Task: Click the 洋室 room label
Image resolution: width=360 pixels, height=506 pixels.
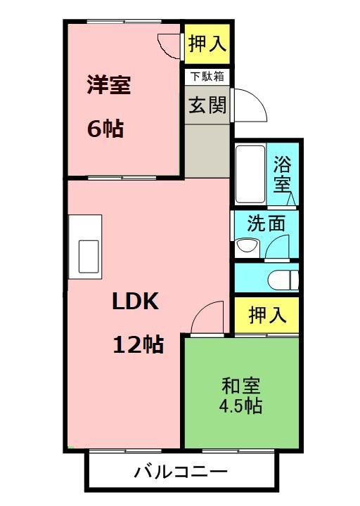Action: click(x=109, y=85)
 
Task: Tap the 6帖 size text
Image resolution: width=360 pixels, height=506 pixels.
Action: click(x=105, y=129)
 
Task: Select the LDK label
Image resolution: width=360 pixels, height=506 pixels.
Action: click(x=135, y=301)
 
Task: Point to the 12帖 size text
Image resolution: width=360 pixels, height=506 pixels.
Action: click(x=139, y=344)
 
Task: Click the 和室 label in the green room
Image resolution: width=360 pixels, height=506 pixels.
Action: click(x=241, y=386)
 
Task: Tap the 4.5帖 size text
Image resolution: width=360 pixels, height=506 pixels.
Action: click(x=240, y=406)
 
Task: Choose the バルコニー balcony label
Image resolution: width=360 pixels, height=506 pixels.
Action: click(x=181, y=472)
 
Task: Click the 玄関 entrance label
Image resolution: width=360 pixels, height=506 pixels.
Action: click(x=207, y=105)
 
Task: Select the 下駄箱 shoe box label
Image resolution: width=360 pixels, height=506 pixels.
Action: click(x=207, y=77)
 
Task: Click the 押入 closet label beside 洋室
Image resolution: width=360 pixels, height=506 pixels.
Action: click(x=207, y=44)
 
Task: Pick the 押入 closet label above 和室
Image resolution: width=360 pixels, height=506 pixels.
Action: click(x=267, y=315)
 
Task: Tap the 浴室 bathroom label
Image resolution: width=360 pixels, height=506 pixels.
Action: click(x=282, y=174)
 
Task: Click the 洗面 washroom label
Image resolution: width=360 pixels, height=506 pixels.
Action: click(x=266, y=223)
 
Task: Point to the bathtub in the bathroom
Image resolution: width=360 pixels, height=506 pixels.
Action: click(x=250, y=174)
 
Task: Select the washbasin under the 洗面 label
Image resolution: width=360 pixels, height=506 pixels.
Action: click(x=247, y=247)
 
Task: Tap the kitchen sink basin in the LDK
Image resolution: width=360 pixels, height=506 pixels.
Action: click(x=89, y=257)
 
